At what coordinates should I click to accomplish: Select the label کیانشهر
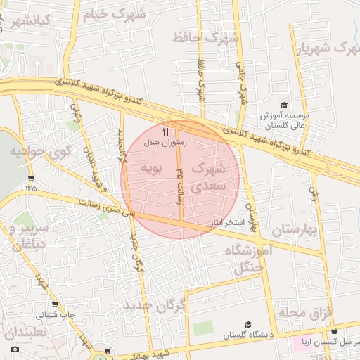27,20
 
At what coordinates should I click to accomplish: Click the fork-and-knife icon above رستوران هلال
166,131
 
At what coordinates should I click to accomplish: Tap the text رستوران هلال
163,142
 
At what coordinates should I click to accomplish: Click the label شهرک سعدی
208,177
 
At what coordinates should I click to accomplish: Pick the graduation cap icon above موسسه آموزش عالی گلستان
283,105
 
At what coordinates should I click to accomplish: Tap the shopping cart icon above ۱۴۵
31,177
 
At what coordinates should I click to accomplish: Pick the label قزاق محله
304,311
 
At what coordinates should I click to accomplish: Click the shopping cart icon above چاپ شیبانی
55,305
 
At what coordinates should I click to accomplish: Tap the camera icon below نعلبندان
15,349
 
